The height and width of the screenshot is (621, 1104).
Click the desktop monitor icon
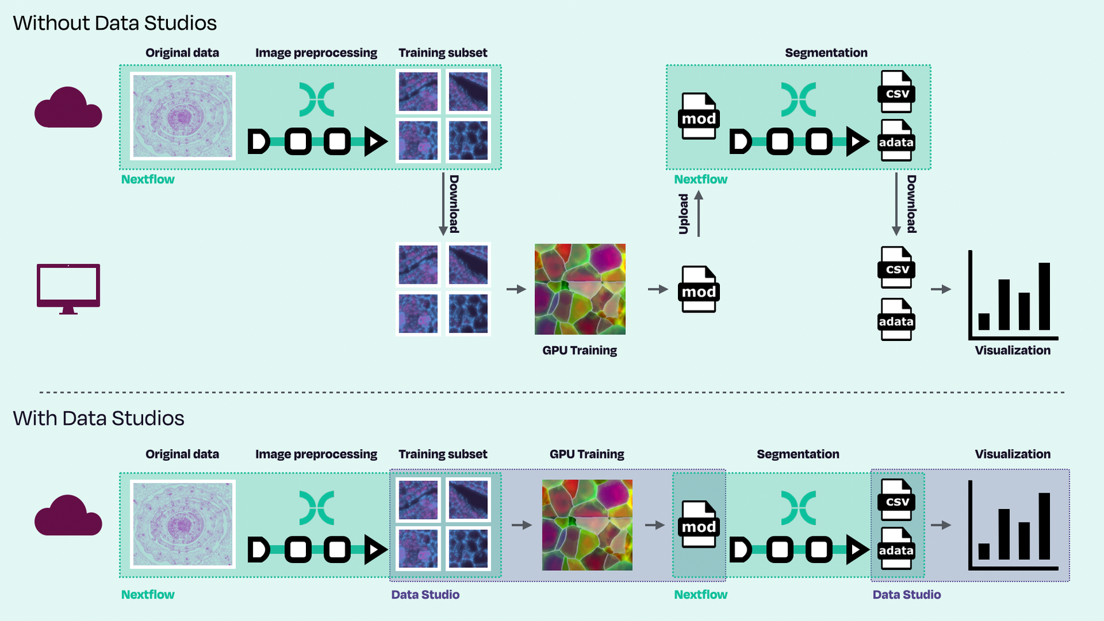68,288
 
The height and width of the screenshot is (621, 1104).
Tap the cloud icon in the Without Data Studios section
68,109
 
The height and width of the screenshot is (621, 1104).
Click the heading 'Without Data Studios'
114,24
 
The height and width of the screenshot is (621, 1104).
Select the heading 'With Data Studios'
99,419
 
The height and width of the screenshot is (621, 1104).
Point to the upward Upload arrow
698,214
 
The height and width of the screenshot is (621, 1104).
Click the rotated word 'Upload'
684,214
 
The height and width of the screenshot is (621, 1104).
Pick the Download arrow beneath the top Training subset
443,204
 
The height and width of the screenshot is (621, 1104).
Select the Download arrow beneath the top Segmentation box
896,204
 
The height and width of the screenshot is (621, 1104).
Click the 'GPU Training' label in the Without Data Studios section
579,351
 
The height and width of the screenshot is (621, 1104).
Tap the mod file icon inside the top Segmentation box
699,116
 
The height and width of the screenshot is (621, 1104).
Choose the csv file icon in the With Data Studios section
897,500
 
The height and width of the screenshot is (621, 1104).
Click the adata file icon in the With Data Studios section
896,549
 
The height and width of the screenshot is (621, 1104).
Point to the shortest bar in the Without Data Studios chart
984,321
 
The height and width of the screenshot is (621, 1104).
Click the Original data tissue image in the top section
183,115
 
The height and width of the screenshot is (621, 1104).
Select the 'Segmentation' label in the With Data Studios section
797,454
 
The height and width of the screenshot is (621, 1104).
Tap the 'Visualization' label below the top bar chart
1012,351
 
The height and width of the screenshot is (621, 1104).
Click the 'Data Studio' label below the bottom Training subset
425,595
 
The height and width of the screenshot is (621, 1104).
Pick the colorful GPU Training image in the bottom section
587,525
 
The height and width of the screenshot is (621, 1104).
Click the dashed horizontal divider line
552,392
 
